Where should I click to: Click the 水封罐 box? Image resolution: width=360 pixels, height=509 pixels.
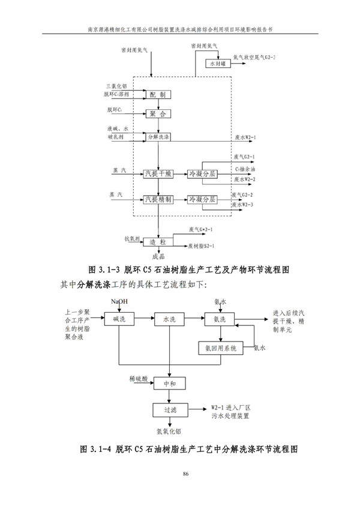tap(217, 63)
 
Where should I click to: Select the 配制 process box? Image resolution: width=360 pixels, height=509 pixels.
tap(158, 94)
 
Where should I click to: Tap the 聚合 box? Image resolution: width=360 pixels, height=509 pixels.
tap(158, 113)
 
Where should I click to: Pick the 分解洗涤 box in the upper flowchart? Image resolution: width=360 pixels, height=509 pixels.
tap(158, 137)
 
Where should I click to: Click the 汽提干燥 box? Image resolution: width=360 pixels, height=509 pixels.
tap(158, 173)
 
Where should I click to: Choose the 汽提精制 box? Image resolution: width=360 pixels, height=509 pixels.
tap(158, 199)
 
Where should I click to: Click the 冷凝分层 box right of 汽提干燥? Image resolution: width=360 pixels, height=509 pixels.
tap(202, 173)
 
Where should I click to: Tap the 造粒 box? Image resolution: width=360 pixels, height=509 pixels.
tap(158, 242)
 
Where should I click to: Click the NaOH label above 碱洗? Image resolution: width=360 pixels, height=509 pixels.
tap(119, 300)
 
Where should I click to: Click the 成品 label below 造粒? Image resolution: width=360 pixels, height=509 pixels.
tap(158, 256)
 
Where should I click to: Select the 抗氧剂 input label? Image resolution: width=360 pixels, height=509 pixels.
tap(131, 238)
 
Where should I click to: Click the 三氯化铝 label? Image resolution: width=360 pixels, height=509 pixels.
tap(116, 86)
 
